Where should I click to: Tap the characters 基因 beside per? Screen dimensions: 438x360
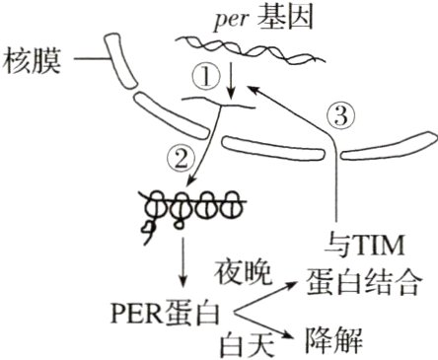pos(280,18)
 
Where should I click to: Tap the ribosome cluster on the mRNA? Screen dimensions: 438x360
pos(186,208)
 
